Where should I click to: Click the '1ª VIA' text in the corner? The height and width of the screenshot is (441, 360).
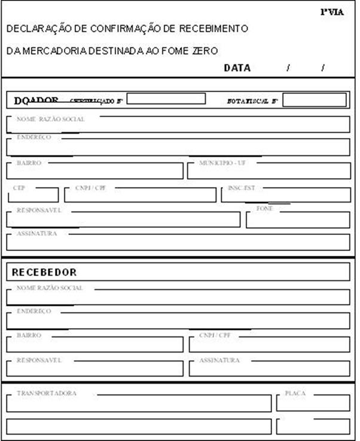tap(332, 11)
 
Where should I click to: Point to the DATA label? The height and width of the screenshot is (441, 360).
tap(237, 68)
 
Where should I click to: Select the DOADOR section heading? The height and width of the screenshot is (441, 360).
tap(36, 100)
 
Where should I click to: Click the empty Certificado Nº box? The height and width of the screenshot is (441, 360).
tap(166, 99)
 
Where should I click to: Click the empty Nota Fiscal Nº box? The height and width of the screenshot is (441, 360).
tap(314, 100)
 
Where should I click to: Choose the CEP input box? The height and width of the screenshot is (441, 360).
tap(33, 195)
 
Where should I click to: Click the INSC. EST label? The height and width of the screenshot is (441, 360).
tap(241, 188)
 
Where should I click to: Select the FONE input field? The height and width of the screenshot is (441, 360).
tap(297, 220)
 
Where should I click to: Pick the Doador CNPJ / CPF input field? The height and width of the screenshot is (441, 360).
tap(140, 195)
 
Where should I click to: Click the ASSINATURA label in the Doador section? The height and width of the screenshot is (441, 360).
tap(36, 234)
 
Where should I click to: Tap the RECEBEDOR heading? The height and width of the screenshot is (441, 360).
tap(44, 272)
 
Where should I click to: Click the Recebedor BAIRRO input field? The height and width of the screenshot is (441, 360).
tap(94, 345)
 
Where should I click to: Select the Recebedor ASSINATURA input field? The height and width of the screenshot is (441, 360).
tap(269, 369)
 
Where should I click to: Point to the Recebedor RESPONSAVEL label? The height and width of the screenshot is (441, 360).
tap(39, 360)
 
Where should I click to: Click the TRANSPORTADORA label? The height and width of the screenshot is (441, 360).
tap(47, 393)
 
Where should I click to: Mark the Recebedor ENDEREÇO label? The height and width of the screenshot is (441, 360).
tap(34, 311)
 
